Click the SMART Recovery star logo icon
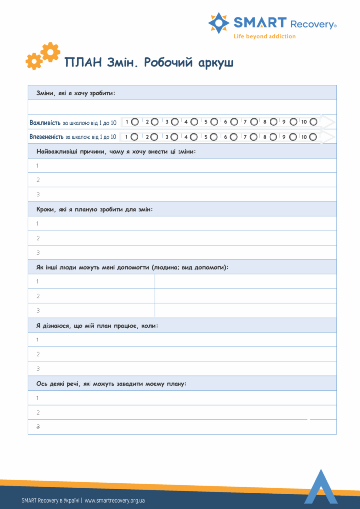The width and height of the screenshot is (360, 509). click(x=219, y=23)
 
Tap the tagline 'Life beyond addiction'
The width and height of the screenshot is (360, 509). click(x=265, y=36)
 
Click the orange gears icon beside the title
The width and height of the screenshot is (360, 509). click(x=43, y=56)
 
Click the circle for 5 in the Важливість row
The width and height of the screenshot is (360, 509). click(x=214, y=122)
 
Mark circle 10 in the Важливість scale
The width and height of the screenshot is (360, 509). click(x=313, y=122)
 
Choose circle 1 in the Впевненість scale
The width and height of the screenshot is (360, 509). click(x=134, y=137)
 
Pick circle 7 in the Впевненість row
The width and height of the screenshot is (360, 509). click(x=254, y=137)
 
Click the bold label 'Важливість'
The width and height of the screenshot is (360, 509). click(x=45, y=122)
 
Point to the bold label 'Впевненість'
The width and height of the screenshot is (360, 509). click(x=46, y=137)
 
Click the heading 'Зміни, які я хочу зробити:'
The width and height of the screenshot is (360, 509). click(x=75, y=93)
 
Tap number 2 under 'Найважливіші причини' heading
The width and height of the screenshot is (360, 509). click(x=38, y=180)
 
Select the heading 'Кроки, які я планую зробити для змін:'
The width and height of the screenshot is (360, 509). click(x=94, y=209)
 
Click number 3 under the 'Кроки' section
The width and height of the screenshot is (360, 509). click(x=38, y=253)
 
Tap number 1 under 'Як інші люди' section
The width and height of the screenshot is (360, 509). click(x=38, y=281)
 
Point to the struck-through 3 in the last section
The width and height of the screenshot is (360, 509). click(x=38, y=427)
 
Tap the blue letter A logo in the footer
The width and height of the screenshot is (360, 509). click(x=321, y=487)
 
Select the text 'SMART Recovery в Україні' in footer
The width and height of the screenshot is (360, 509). click(x=51, y=500)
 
